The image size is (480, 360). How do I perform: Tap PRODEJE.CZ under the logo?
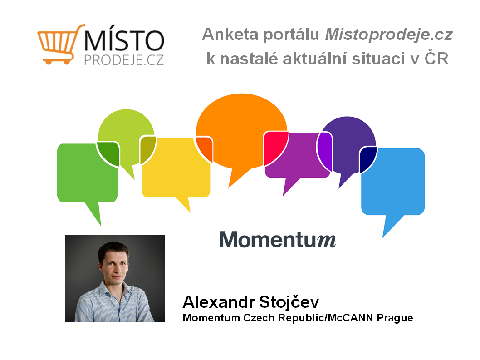tap(124, 60)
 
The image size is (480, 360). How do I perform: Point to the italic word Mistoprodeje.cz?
tap(389, 35)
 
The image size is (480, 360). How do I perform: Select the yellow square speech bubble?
tap(176, 172)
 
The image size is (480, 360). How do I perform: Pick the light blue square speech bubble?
tap(393, 184)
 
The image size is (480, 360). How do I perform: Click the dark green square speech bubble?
tap(87, 175)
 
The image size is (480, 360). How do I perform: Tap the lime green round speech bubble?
tap(126, 135)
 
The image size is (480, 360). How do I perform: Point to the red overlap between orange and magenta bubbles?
tap(274, 147)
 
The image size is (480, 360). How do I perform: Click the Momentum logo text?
tap(278, 239)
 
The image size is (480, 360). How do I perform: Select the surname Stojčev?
tap(289, 302)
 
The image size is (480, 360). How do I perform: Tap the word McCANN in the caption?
tap(351, 318)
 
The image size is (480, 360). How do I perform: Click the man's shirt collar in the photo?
tap(114, 290)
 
